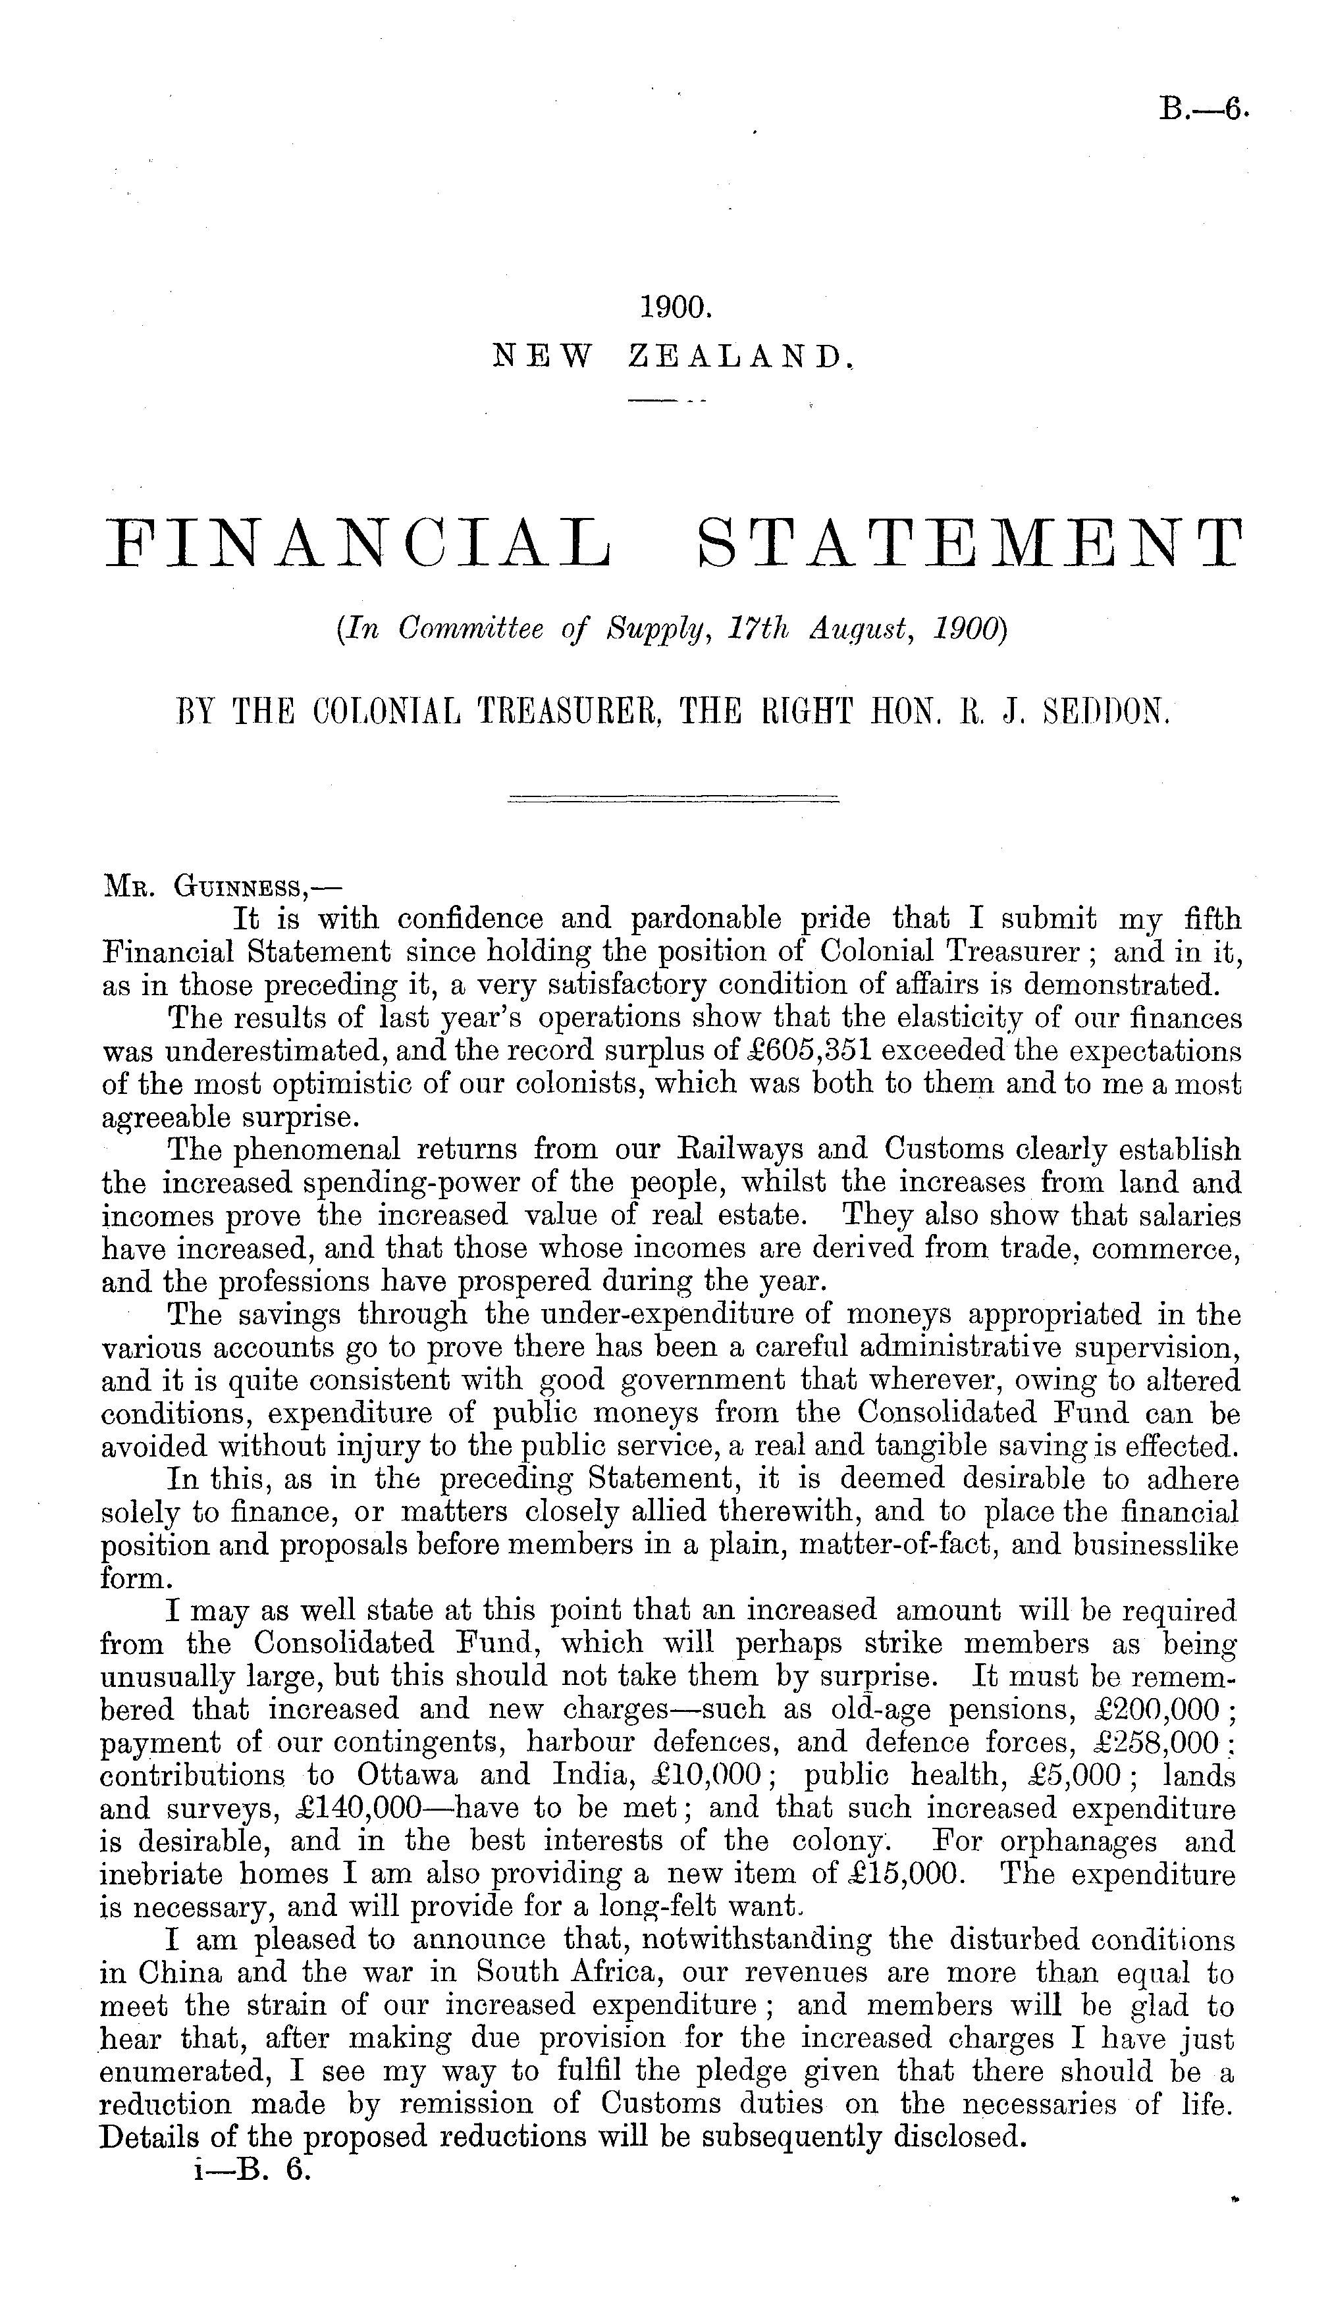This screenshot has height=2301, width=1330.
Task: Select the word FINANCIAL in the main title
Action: pyautogui.click(x=357, y=543)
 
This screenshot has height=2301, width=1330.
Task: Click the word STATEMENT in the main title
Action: pyautogui.click(x=969, y=543)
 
